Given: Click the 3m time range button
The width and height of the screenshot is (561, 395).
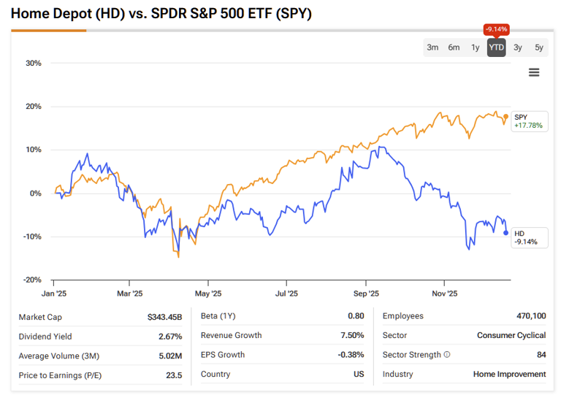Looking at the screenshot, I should pyautogui.click(x=432, y=47).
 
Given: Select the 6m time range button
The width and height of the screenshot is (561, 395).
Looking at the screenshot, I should pyautogui.click(x=454, y=47).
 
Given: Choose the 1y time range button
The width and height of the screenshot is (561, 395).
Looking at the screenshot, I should pyautogui.click(x=476, y=47).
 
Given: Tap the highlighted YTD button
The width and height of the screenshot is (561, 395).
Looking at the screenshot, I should pyautogui.click(x=497, y=47).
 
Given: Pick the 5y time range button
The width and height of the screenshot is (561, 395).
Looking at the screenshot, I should pyautogui.click(x=539, y=47).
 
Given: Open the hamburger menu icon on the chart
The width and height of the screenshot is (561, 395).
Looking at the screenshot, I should pyautogui.click(x=534, y=72).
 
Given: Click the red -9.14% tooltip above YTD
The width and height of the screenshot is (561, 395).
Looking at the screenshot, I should pyautogui.click(x=497, y=29).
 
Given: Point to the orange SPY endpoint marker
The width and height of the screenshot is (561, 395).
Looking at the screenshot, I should pyautogui.click(x=506, y=117).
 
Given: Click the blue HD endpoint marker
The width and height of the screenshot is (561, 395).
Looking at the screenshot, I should pyautogui.click(x=506, y=233).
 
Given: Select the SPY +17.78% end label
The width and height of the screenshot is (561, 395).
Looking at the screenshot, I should pyautogui.click(x=528, y=121).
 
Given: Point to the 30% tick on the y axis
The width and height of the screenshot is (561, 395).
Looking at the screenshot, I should pyautogui.click(x=34, y=64).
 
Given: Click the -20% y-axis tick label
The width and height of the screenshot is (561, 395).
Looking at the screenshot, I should pyautogui.click(x=32, y=280).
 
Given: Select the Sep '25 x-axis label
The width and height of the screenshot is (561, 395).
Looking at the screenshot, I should pyautogui.click(x=365, y=294).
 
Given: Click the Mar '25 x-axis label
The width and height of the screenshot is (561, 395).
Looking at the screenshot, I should pyautogui.click(x=129, y=294).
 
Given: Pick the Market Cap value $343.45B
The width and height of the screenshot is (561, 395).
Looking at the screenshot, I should pyautogui.click(x=164, y=316).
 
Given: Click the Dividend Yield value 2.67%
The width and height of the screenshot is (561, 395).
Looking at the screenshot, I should pyautogui.click(x=169, y=336).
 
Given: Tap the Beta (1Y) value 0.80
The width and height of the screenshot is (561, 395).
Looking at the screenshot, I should pyautogui.click(x=355, y=316).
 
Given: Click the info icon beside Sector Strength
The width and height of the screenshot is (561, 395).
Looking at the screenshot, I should pyautogui.click(x=447, y=355).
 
